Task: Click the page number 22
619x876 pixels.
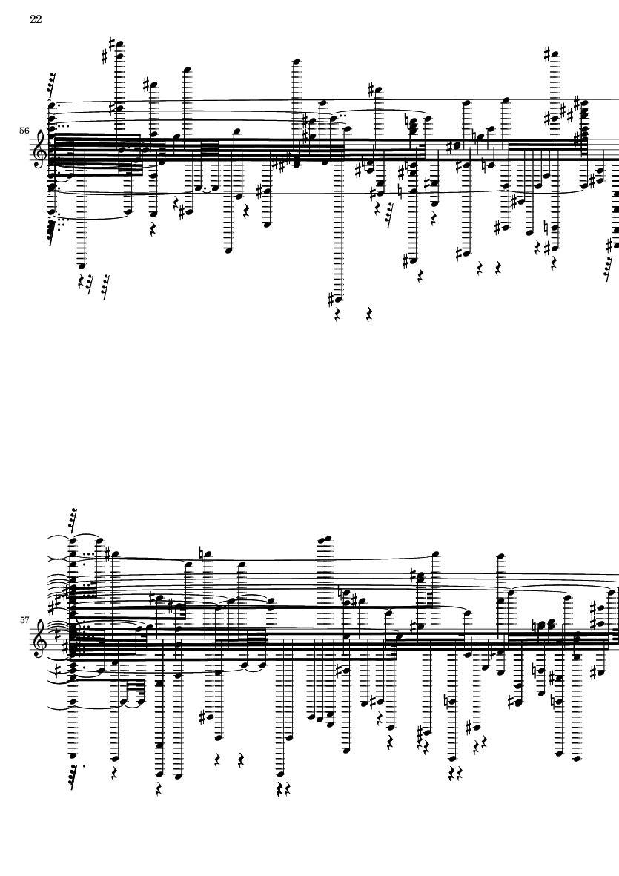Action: [36, 19]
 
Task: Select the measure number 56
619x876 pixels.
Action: [24, 130]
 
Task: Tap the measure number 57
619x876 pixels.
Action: [24, 619]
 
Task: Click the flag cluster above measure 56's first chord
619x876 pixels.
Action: [51, 83]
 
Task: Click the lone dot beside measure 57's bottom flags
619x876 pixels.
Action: [85, 766]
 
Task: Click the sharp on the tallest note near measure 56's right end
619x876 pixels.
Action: [547, 54]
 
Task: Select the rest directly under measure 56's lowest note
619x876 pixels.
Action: [337, 316]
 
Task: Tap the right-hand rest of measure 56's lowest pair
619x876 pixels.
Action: [369, 314]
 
